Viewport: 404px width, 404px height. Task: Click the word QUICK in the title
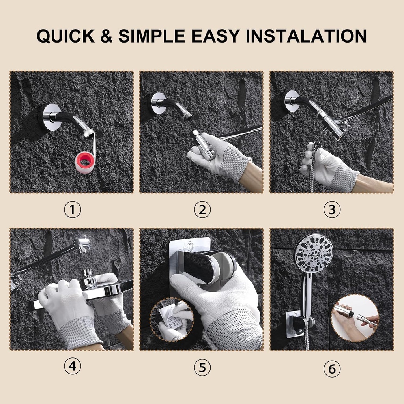coord(65,36)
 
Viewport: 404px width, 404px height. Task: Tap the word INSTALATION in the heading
coord(306,36)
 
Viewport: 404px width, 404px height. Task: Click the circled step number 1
coord(72,210)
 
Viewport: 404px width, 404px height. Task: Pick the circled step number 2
coord(202,210)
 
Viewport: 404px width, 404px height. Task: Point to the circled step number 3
coord(332,210)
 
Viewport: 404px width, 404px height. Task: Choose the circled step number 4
coord(72,367)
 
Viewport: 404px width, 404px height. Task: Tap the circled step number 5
coord(202,368)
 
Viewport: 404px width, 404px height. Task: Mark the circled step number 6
coord(332,369)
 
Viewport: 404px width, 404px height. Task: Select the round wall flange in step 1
coord(52,117)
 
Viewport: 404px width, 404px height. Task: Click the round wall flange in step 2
coord(159,103)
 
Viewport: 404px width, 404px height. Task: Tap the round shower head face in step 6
coord(313,253)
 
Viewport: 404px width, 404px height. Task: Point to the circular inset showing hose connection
coord(354,318)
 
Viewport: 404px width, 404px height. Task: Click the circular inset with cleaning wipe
coord(172,320)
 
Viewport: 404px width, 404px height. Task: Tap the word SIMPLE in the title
coord(152,36)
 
